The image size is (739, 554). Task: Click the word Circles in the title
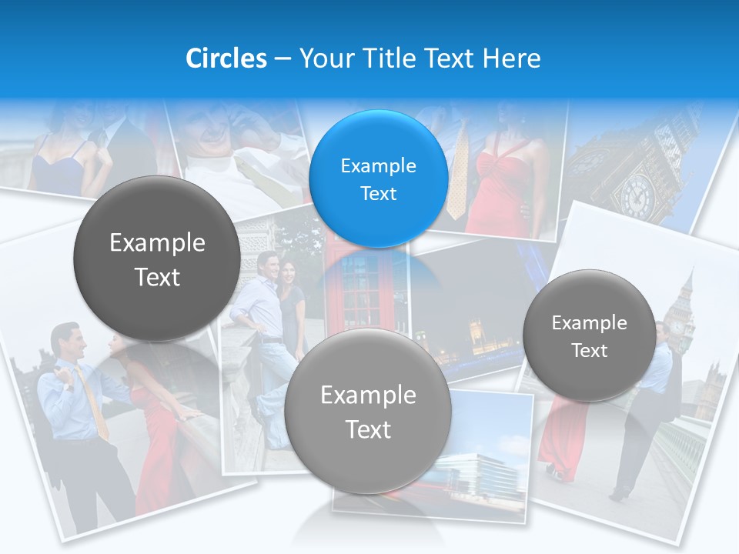click(226, 58)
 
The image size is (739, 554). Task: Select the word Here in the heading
click(511, 58)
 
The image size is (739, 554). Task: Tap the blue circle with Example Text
click(378, 179)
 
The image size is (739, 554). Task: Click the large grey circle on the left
click(157, 259)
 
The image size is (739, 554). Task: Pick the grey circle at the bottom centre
click(368, 411)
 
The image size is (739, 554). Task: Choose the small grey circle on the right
click(590, 336)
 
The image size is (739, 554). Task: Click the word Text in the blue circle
click(378, 193)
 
